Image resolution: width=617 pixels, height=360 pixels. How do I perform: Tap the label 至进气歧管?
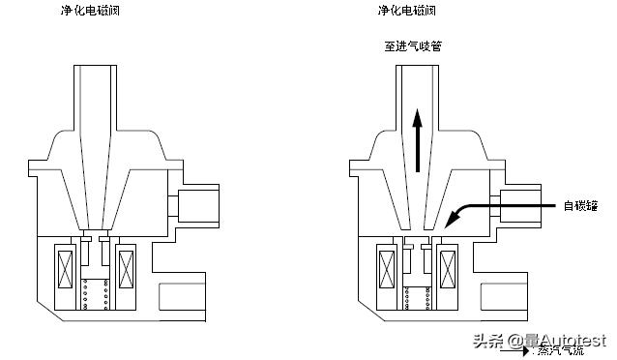point(416,45)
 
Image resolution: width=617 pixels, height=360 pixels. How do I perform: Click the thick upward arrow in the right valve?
point(417,140)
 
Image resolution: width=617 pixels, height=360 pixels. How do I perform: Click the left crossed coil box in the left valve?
point(67,269)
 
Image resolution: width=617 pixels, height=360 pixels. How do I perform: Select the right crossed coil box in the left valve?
point(127,269)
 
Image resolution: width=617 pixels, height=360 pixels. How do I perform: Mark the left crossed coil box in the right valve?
point(388,269)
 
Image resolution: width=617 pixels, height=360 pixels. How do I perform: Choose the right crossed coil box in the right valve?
point(448,269)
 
